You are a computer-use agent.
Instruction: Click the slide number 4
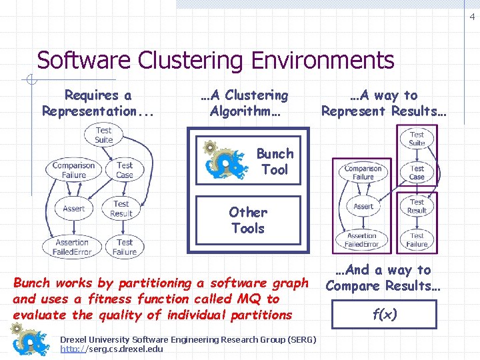coord(472,18)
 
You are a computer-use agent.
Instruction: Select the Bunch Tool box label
coord(275,161)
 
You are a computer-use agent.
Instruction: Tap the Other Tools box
coord(247,221)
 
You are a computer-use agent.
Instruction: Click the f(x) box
coord(385,315)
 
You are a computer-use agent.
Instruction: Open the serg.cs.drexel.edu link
coord(111,349)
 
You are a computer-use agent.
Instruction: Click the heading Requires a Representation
coord(97,103)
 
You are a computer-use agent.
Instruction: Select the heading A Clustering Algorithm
coord(245,103)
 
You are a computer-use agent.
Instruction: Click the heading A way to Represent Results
coord(383,103)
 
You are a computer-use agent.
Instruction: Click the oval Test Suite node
coord(103,135)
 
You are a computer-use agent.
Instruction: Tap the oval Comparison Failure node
coord(74,170)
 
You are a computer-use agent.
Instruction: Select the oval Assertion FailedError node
coord(72,247)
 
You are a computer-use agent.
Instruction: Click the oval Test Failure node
coord(125,247)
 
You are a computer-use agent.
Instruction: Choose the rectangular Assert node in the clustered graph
coord(363,207)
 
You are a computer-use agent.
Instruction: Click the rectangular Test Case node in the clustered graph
coord(417,173)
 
